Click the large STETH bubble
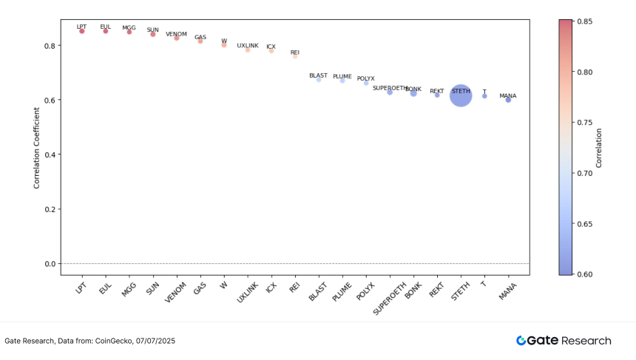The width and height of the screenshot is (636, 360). click(x=461, y=95)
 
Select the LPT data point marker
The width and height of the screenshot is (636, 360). click(x=82, y=31)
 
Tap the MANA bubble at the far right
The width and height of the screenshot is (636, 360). click(x=508, y=100)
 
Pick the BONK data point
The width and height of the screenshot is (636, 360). click(x=413, y=93)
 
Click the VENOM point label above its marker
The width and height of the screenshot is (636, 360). click(x=176, y=34)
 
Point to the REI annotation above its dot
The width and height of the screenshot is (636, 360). click(x=295, y=52)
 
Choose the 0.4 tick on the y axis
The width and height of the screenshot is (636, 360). click(x=50, y=154)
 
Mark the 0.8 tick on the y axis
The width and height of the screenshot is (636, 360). click(x=50, y=46)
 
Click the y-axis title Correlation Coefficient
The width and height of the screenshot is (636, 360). click(x=37, y=148)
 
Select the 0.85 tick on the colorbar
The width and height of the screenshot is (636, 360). click(x=584, y=21)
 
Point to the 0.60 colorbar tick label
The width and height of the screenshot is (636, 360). click(x=584, y=274)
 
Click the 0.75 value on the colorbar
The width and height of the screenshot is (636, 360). click(x=584, y=123)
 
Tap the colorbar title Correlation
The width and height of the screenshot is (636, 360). click(x=599, y=148)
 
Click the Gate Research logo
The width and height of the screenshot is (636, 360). click(x=564, y=341)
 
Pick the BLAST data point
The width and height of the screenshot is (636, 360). click(x=319, y=80)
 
